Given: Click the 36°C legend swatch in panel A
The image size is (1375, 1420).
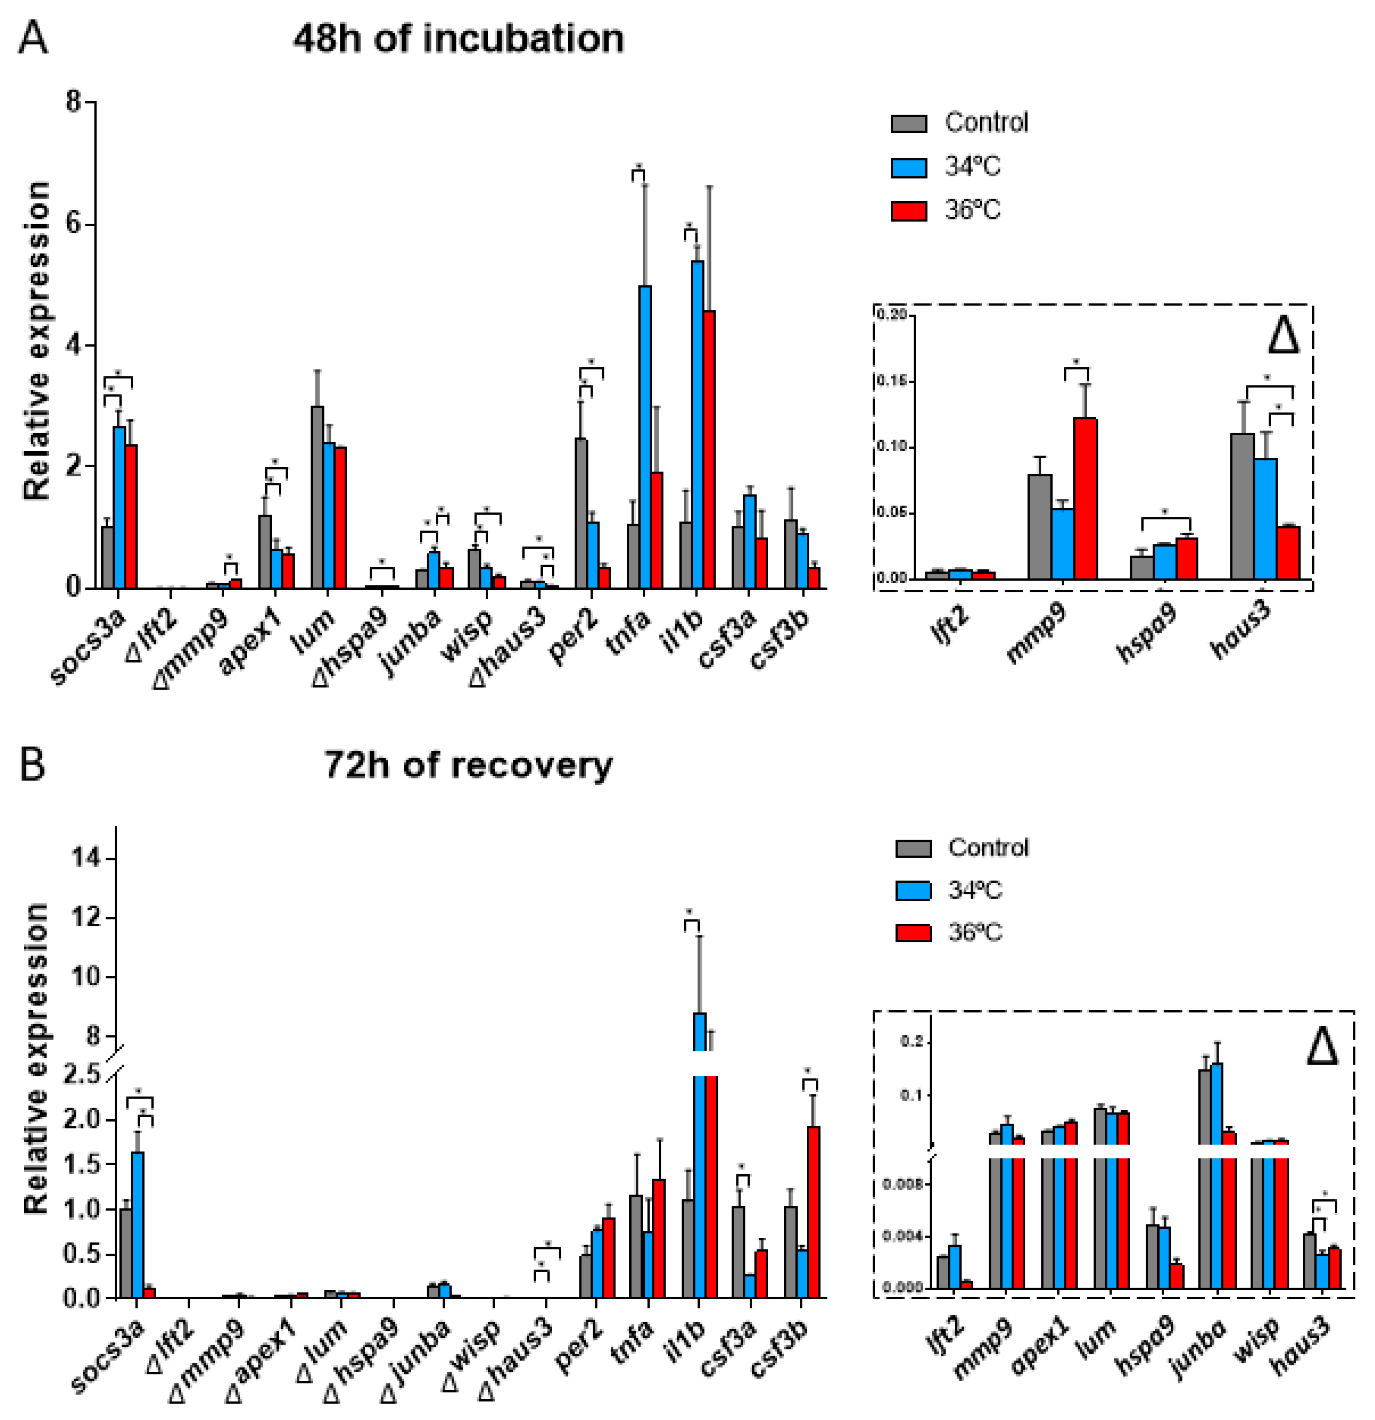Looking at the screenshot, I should [x=908, y=211].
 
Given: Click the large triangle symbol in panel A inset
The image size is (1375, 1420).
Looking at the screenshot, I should [x=1283, y=335].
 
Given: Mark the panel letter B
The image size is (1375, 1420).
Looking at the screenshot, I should [x=32, y=765].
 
